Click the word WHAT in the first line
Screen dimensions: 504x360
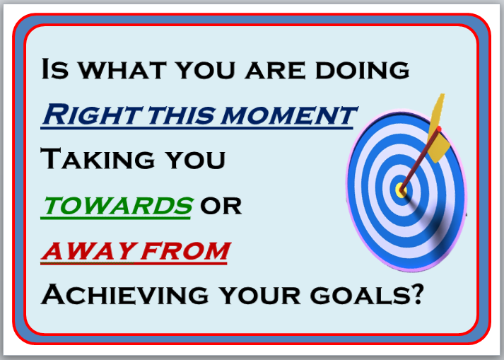pyautogui.click(x=122, y=70)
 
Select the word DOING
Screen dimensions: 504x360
pyautogui.click(x=363, y=70)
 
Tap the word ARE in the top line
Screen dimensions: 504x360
pyautogui.click(x=275, y=70)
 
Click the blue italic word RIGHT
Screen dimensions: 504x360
pyautogui.click(x=91, y=115)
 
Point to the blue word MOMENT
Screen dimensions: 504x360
pyautogui.click(x=289, y=115)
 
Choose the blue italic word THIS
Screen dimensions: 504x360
pyautogui.click(x=181, y=115)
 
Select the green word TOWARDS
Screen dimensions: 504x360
pyautogui.click(x=118, y=205)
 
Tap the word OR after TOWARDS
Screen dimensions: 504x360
pyautogui.click(x=221, y=206)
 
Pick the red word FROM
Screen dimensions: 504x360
pyautogui.click(x=185, y=250)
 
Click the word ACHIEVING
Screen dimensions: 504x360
pyautogui.click(x=125, y=294)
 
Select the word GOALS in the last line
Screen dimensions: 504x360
pyautogui.click(x=360, y=295)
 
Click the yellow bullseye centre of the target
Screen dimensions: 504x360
pyautogui.click(x=401, y=190)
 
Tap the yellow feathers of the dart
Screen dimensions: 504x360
pyautogui.click(x=439, y=129)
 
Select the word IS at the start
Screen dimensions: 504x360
pyautogui.click(x=55, y=69)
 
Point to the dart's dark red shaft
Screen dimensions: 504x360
pyautogui.click(x=420, y=161)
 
